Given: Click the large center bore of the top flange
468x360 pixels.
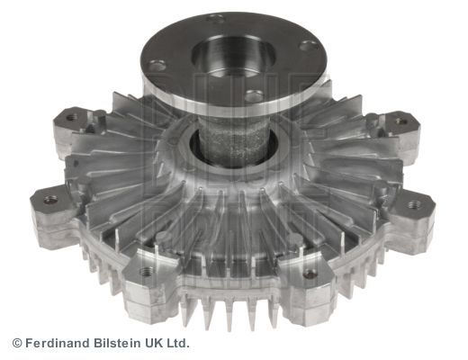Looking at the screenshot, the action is [233, 56].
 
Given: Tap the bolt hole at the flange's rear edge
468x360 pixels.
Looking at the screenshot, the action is [216, 19].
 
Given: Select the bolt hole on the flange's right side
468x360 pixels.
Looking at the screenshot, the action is [310, 46].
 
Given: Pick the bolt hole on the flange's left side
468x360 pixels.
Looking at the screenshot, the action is [157, 64].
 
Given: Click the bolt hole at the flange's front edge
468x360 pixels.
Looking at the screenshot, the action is [254, 95].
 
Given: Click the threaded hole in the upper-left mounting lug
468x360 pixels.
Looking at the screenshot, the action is [71, 117].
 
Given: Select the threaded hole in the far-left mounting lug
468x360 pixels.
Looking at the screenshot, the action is [50, 199].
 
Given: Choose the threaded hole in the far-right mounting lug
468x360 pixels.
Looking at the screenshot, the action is [414, 205].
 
